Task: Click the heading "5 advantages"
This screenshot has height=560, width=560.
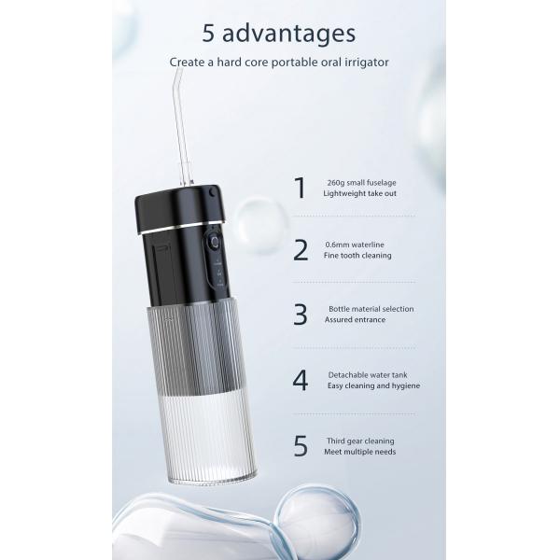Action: [x=279, y=34]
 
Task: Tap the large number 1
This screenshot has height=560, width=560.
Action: [x=300, y=188]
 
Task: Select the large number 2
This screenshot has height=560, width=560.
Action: [x=301, y=250]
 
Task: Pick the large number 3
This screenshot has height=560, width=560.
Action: [x=301, y=315]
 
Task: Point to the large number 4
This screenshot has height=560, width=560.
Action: [x=301, y=381]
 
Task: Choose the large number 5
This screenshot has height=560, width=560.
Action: [x=301, y=446]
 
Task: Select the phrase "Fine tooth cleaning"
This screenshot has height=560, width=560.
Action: [x=357, y=255]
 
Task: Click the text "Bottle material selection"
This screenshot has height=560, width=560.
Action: [x=371, y=309]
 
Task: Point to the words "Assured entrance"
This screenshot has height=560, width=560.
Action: [x=355, y=320]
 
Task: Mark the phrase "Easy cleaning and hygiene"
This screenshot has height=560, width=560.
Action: [x=373, y=385]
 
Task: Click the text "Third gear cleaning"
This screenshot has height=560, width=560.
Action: [x=359, y=441]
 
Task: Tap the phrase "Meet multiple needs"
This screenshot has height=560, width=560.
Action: [x=360, y=452]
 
